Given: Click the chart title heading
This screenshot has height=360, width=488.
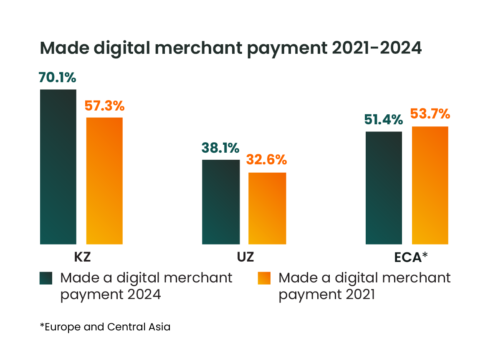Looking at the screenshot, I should click(230, 49).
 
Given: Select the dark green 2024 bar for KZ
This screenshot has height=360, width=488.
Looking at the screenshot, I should click(58, 167).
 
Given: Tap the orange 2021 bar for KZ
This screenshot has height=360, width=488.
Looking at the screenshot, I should click(104, 181).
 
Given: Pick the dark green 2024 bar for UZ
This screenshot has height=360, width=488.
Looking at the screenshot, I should click(221, 202).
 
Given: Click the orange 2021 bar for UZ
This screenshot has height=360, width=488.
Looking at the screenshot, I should click(267, 208).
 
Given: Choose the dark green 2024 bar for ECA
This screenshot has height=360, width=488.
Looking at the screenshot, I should click(384, 188).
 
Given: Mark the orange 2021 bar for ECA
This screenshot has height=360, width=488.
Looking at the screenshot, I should click(430, 185).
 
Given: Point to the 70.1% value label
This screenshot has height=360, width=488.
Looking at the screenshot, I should click(57, 78).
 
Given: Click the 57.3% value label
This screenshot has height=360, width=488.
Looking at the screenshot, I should click(104, 106).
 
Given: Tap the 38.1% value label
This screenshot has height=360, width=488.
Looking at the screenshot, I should click(220, 148).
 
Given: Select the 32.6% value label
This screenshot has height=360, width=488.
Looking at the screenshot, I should click(267, 160).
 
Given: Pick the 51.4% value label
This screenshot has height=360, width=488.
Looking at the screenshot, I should click(383, 120).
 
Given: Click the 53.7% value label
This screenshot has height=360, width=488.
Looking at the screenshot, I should click(430, 113).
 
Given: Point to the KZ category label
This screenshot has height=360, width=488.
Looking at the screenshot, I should click(82, 257).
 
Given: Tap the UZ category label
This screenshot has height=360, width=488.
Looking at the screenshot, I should click(245, 257).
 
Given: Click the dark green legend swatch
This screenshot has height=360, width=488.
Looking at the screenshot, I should click(46, 278).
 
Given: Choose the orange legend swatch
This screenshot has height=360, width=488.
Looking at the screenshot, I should click(264, 278).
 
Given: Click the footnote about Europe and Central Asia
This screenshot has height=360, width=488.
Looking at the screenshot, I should click(105, 327).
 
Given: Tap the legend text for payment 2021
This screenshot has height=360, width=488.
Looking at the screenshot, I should click(364, 286).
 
